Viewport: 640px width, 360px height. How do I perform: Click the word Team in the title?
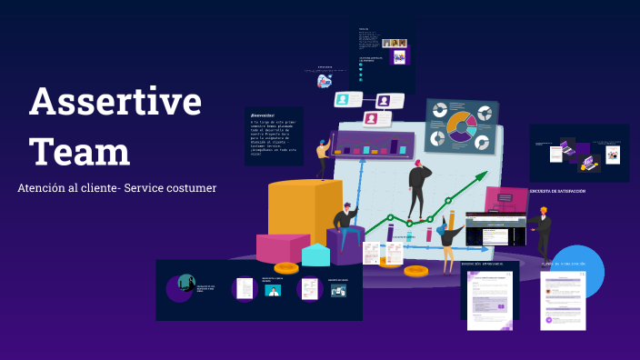(79, 149)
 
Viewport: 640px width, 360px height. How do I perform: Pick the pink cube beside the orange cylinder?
(283, 247)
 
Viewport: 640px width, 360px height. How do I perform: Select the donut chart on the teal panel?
(460, 126)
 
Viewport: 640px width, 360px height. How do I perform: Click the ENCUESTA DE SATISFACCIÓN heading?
(557, 192)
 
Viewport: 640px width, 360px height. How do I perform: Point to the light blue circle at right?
(577, 271)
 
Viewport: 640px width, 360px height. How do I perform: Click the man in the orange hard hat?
(543, 232)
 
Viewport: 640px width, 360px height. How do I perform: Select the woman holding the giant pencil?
(447, 238)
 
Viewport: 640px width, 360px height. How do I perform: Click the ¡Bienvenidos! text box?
(272, 136)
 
